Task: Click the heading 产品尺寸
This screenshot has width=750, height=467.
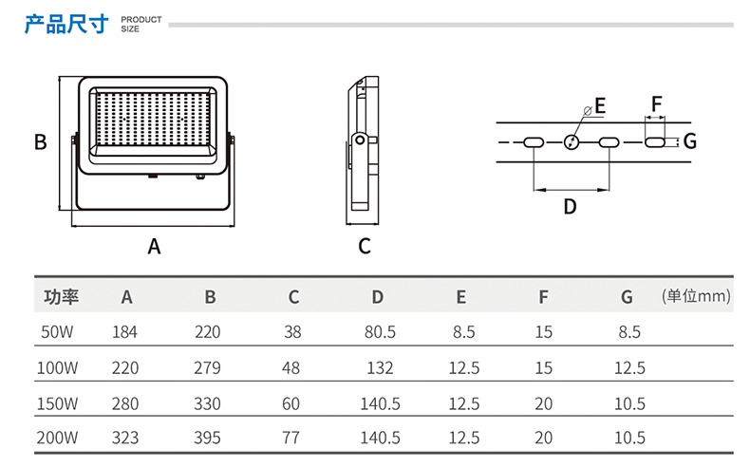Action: point(66,23)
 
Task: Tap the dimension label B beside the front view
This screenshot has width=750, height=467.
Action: point(41,142)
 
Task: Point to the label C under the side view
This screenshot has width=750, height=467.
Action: point(364,246)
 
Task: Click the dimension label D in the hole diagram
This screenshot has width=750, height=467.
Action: point(570,206)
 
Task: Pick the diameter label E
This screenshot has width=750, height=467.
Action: point(599,104)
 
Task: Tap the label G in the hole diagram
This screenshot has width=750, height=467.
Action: point(689,141)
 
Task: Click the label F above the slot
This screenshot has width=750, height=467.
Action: point(656,103)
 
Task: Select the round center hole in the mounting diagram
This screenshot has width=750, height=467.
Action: point(571,142)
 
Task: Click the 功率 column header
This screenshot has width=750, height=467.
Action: point(62,297)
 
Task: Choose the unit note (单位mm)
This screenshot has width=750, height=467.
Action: point(696,296)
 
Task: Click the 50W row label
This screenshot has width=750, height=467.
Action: point(59,332)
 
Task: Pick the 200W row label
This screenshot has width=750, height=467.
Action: point(59,438)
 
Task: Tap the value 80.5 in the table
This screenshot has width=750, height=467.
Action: point(379,332)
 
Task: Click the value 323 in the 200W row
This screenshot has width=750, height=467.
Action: point(126,438)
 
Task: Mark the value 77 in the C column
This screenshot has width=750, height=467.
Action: point(291,438)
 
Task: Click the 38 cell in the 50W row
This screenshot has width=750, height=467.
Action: point(291,332)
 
